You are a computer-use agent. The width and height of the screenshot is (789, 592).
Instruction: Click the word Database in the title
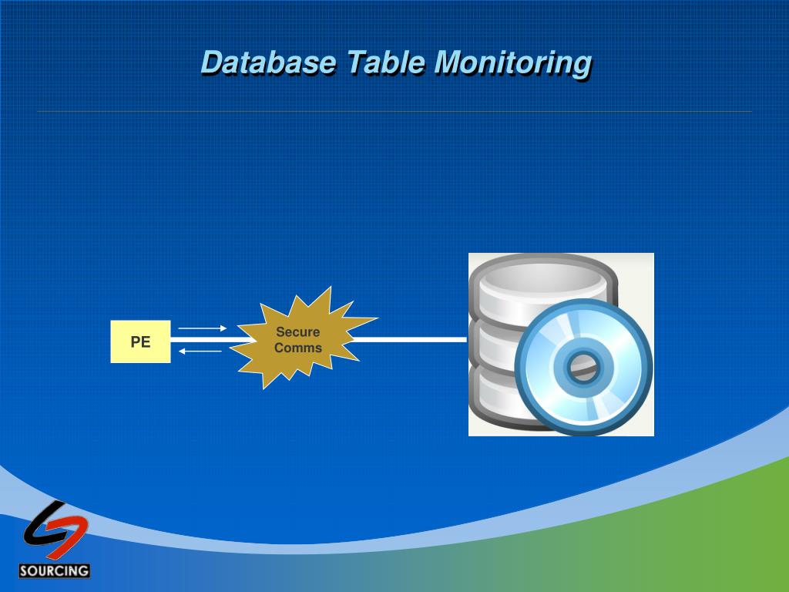(267, 62)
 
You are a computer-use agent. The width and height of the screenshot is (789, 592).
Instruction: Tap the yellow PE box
(140, 341)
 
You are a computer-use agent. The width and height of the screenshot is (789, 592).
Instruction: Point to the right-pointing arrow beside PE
(203, 328)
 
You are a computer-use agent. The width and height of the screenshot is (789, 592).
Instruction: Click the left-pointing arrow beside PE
(200, 351)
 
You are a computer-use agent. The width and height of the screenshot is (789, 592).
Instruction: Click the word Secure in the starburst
(298, 332)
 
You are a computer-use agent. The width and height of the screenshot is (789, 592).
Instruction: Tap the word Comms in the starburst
(298, 348)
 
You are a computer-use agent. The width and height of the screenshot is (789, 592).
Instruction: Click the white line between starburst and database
(408, 339)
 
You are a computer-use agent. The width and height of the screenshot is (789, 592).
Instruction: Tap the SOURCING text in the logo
(55, 571)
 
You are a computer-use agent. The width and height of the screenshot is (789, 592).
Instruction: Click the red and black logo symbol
(55, 530)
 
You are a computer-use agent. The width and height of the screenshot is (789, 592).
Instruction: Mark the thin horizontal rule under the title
(394, 112)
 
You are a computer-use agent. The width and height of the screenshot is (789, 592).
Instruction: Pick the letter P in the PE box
(135, 341)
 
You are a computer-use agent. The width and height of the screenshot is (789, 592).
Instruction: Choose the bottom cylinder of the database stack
(493, 401)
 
